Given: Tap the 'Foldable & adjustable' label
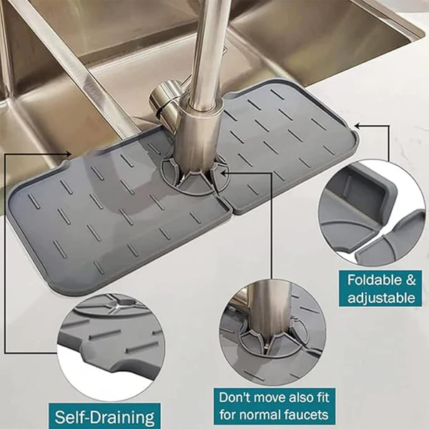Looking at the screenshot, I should (x=380, y=287).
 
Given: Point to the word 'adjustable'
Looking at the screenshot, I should (x=381, y=297).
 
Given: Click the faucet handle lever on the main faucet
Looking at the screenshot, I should (x=164, y=99).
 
